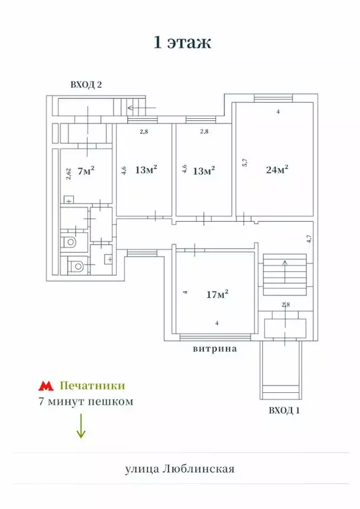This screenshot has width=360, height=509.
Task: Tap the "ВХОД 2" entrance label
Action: [x=86, y=84]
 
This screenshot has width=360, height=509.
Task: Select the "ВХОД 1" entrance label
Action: [x=284, y=411]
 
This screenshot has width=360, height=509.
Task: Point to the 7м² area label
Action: [x=84, y=171]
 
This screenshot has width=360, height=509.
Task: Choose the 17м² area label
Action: [x=218, y=293]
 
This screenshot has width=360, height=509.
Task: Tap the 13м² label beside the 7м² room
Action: [x=145, y=171]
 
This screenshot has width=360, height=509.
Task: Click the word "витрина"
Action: [x=215, y=347]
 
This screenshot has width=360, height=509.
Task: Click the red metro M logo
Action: [x=45, y=386]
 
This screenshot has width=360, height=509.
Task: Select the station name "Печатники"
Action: [x=92, y=385]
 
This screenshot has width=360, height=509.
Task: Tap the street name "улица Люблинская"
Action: [x=180, y=469]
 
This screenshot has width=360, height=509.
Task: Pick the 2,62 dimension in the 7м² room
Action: [x=68, y=174]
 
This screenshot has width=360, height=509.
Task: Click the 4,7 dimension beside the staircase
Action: [x=308, y=239]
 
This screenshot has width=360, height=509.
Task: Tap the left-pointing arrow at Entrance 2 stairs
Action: [x=140, y=106]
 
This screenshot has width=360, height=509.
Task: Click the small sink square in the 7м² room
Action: [x=68, y=199]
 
